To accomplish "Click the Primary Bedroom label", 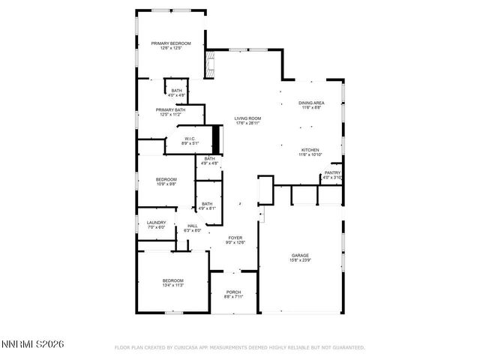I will tap(171, 43).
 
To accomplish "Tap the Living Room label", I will tap(247, 118).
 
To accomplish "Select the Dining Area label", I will tap(311, 103).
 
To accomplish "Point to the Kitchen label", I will tap(310, 149).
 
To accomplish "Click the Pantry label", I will tap(332, 173).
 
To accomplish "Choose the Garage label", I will tap(300, 256).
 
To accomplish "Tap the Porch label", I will tap(232, 293).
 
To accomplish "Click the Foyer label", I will tap(235, 238).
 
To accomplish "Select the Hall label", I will tap(193, 226).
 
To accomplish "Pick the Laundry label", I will tap(156, 222).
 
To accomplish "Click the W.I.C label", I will tap(190, 139).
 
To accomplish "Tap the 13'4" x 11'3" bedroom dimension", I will tap(173, 285).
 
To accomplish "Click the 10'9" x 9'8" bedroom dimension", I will tap(166, 184).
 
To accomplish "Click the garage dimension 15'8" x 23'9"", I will tap(300, 260).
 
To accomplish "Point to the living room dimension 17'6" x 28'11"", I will tap(247, 123).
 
